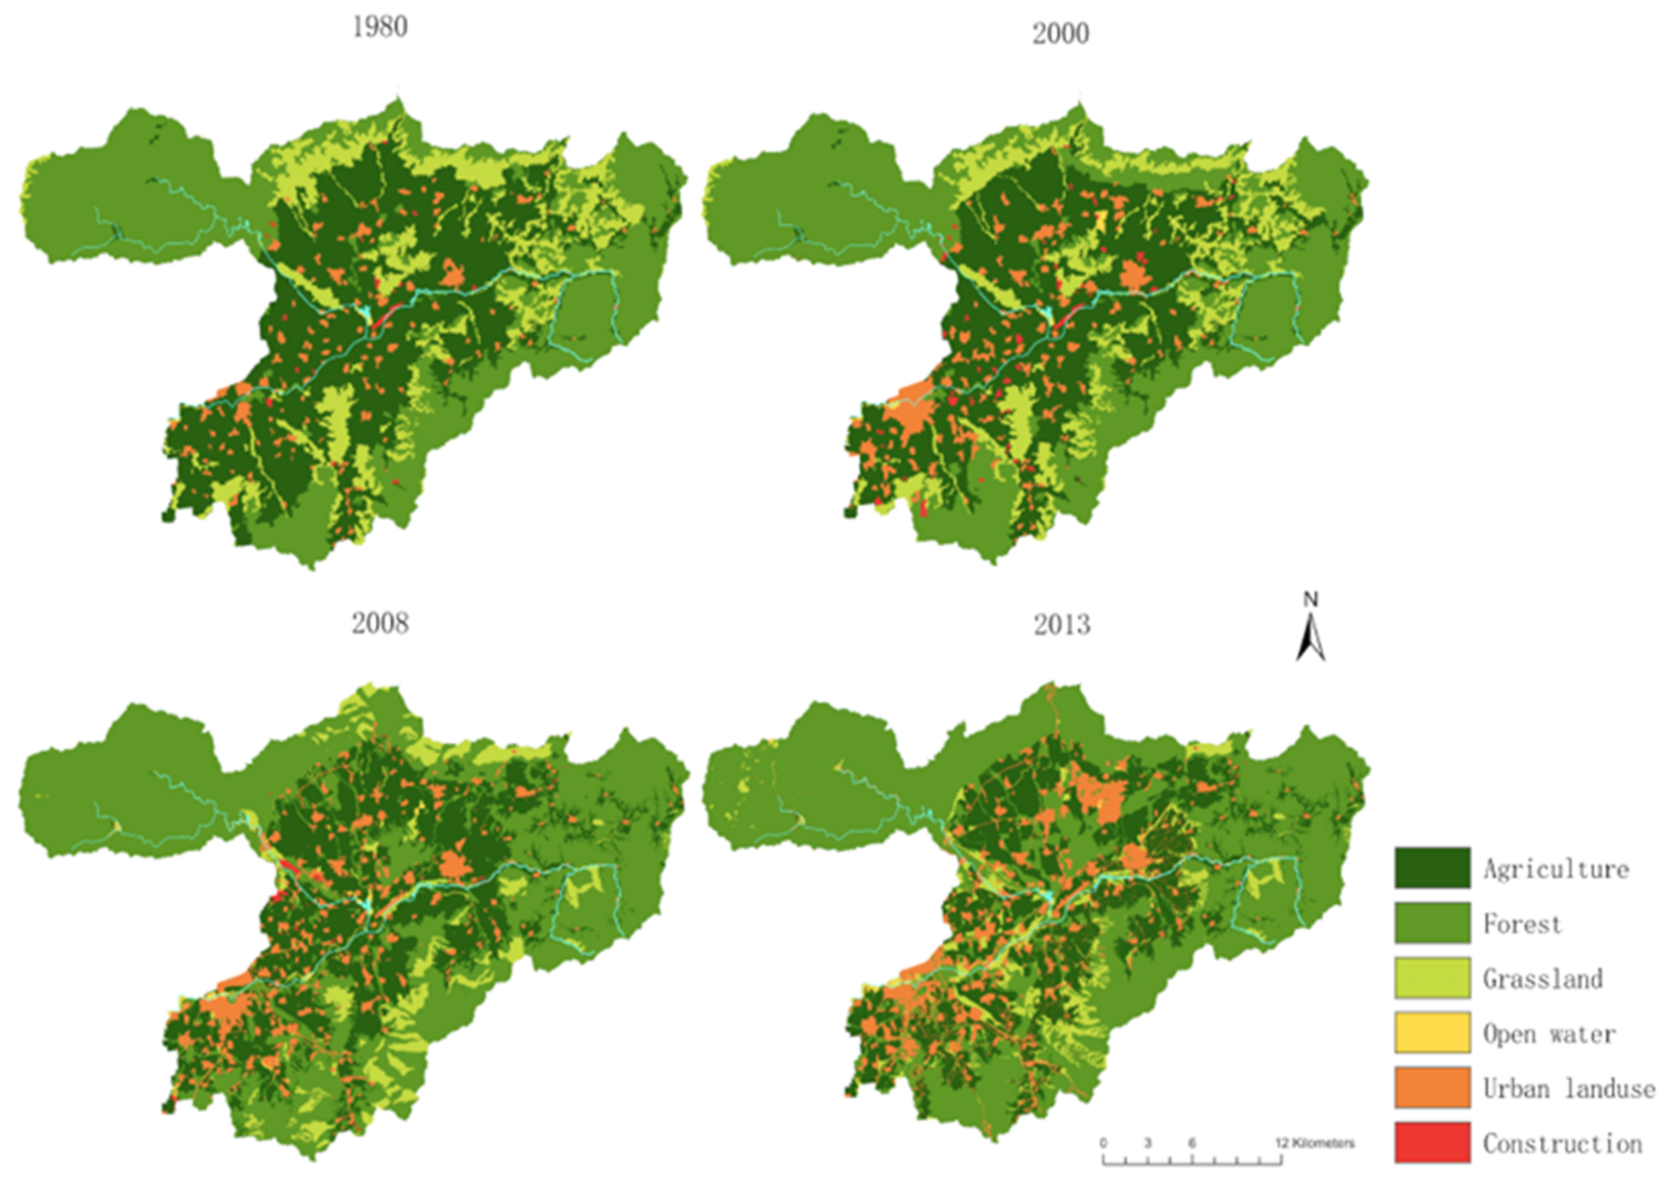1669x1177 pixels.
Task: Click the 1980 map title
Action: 380,27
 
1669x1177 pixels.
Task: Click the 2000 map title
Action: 1061,33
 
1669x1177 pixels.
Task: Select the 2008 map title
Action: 380,624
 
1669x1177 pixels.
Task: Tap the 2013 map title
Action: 1062,625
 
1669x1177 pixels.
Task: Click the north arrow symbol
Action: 1311,638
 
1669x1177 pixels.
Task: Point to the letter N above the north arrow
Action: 1311,600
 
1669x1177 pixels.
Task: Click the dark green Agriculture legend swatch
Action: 1431,868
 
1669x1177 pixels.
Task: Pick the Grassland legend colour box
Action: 1431,978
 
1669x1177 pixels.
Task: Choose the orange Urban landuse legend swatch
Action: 1431,1088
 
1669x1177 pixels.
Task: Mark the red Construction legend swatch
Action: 1431,1143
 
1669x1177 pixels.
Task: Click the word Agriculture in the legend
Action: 1555,869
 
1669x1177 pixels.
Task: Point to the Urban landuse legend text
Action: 1569,1088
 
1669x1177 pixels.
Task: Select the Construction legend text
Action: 1562,1144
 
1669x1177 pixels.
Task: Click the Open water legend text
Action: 1549,1033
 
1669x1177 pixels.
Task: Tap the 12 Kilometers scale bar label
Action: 1315,1144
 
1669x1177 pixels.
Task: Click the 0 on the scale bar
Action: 1103,1144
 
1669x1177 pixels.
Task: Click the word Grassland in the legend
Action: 1542,978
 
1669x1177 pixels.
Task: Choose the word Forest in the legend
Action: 1522,924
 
